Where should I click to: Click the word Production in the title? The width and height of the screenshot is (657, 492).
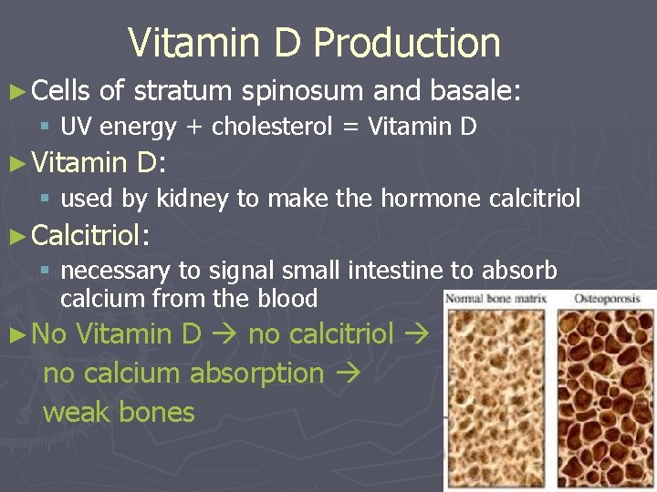[407, 43]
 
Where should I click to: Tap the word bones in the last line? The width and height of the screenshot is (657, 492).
[157, 412]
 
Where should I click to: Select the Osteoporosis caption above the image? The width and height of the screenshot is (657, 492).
[604, 299]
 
